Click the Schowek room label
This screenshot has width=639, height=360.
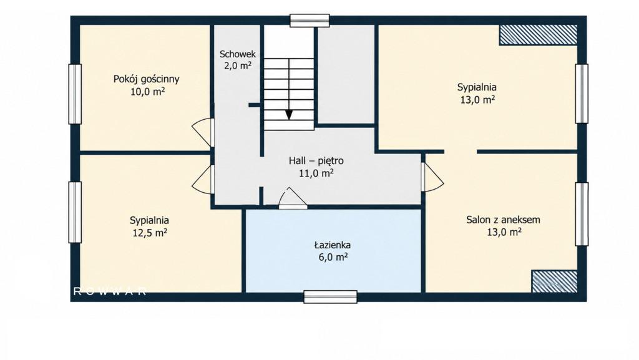coord(238,54)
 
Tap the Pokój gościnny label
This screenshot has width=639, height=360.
coord(146,79)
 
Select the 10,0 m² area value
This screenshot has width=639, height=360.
coord(147,92)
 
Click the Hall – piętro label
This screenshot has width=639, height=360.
coord(316,161)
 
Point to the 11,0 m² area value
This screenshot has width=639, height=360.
coord(316,173)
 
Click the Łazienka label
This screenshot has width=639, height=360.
coord(333,245)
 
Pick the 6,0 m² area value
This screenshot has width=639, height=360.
coord(333,258)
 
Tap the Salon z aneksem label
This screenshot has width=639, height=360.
coord(504,220)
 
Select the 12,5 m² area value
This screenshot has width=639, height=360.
coord(150,233)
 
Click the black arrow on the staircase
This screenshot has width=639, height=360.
coord(289,115)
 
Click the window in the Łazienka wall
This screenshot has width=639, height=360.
coord(331,297)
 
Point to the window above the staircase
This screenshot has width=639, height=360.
coord(310,21)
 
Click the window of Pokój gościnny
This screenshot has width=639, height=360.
coord(75,94)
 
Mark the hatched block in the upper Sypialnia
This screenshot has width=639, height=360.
coord(539,34)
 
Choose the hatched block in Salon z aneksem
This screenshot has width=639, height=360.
coord(555,281)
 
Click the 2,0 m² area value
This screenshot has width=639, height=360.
coord(238,66)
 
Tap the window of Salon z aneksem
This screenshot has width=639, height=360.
coord(582,214)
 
